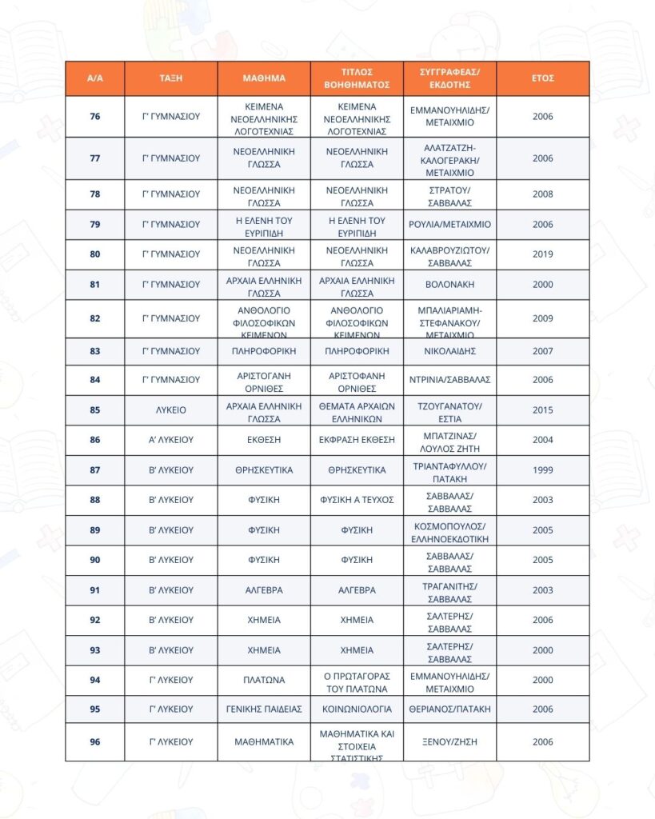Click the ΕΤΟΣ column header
pyautogui.click(x=542, y=78)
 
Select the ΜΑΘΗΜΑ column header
pyautogui.click(x=264, y=78)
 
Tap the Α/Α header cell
pyautogui.click(x=95, y=78)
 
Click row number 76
pyautogui.click(x=95, y=117)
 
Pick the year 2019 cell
pyautogui.click(x=542, y=254)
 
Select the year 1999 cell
pyautogui.click(x=542, y=470)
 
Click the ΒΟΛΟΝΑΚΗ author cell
pyautogui.click(x=449, y=285)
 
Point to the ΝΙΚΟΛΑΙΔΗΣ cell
pyautogui.click(x=449, y=351)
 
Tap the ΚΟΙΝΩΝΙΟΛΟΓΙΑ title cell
pyautogui.click(x=357, y=709)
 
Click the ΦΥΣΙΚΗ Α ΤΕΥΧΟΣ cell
pyautogui.click(x=357, y=500)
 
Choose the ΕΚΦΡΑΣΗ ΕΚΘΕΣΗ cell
pyautogui.click(x=357, y=440)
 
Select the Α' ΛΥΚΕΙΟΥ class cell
pyautogui.click(x=170, y=440)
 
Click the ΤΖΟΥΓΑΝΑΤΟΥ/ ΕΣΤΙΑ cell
pyautogui.click(x=449, y=410)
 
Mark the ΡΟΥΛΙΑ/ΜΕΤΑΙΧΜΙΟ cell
pyautogui.click(x=449, y=225)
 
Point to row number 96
pyautogui.click(x=95, y=742)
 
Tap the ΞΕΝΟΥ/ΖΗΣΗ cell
pyautogui.click(x=449, y=742)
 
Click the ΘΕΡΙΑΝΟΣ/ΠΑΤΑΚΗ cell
pyautogui.click(x=449, y=709)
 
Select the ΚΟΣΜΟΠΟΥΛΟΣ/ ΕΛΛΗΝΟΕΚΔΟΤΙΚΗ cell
pyautogui.click(x=449, y=530)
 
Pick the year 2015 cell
pyautogui.click(x=542, y=410)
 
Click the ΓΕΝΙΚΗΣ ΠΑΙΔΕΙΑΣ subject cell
pyautogui.click(x=264, y=709)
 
